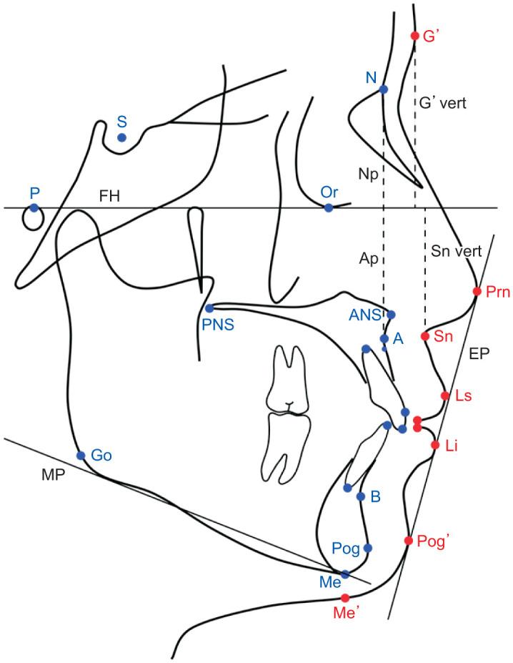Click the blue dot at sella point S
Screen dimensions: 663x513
click(121, 137)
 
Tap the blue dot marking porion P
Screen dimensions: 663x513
click(34, 208)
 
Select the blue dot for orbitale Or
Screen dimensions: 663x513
click(329, 208)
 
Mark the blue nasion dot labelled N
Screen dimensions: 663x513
click(383, 89)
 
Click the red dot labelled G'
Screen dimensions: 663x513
click(415, 36)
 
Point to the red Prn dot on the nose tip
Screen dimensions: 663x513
click(477, 291)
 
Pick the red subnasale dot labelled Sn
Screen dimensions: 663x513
click(424, 336)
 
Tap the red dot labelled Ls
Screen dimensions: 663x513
click(445, 396)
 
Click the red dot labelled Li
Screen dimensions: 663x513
click(435, 445)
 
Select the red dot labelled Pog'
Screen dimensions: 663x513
click(409, 541)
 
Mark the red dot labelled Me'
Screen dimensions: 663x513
click(345, 597)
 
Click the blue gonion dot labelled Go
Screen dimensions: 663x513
click(81, 456)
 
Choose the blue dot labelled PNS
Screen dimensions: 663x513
click(209, 308)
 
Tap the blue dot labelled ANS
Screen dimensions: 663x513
click(391, 314)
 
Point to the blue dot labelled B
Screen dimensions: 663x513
click(361, 496)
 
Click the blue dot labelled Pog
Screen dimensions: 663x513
click(368, 548)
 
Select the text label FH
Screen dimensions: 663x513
click(109, 196)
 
